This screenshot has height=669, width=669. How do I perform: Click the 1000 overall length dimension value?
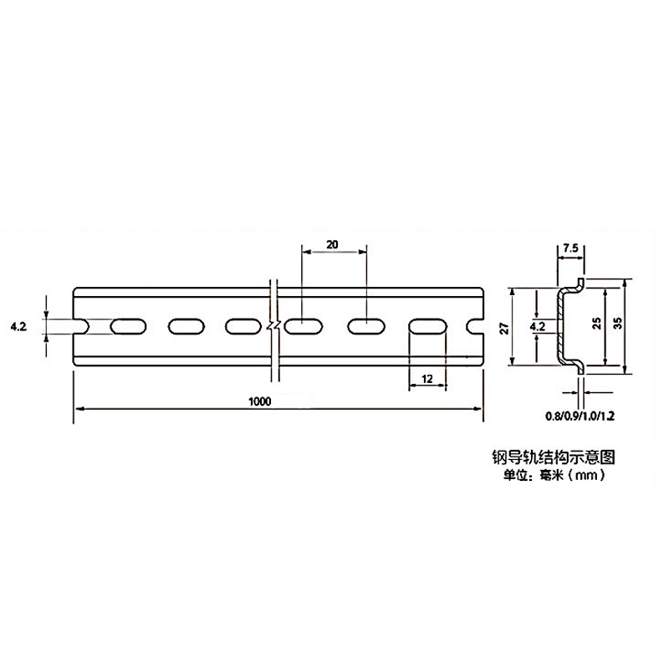(x=260, y=401)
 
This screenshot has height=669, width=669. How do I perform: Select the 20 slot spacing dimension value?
(x=332, y=245)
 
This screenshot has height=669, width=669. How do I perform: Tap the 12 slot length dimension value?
(x=427, y=379)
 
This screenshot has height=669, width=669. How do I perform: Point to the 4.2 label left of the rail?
(x=18, y=326)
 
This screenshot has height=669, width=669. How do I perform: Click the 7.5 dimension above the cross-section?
(x=570, y=248)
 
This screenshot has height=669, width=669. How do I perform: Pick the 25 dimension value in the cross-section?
(x=596, y=325)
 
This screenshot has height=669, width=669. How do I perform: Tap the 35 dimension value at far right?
(x=618, y=325)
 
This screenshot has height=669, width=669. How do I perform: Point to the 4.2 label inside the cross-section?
(x=538, y=326)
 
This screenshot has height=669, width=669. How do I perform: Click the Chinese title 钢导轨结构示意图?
(x=554, y=457)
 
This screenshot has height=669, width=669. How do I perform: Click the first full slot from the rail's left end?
(x=127, y=325)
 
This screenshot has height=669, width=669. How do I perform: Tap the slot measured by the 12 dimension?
(x=427, y=325)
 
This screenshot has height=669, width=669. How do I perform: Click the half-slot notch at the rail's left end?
(x=82, y=325)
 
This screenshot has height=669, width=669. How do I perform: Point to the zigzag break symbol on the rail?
(x=272, y=325)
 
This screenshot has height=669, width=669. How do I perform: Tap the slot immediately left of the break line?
(x=243, y=325)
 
